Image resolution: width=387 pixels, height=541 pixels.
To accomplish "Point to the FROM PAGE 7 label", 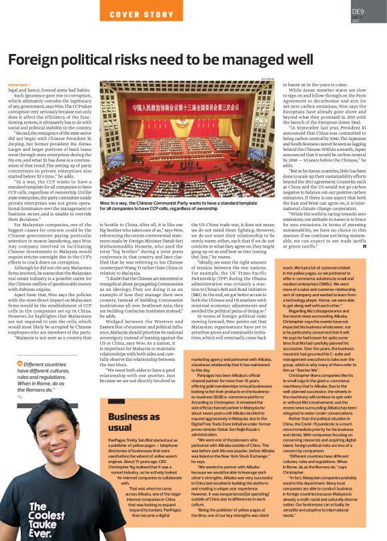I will tap(19, 85).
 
